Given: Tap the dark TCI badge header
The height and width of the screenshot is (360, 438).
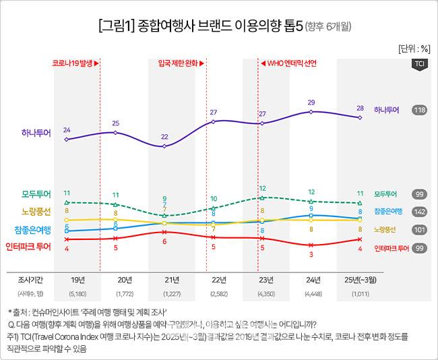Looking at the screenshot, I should tap(418, 64).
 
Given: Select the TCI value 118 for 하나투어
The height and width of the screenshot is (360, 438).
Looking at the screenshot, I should tap(418, 109).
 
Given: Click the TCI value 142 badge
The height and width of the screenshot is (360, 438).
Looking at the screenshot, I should tap(418, 212).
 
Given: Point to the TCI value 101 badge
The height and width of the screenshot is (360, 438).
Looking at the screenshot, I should tap(418, 230).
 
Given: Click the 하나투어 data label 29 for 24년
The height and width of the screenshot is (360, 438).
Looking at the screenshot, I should tap(311, 102).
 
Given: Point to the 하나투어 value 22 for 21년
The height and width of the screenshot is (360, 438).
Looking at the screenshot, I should tap(164, 137).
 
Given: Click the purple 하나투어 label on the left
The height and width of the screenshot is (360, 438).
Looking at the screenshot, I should tap(36, 132).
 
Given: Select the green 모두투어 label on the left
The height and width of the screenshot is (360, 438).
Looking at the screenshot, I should tap(36, 194).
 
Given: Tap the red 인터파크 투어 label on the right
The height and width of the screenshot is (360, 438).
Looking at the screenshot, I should tap(392, 248).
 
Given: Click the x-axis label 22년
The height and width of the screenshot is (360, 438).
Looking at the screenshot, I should tap(218, 280).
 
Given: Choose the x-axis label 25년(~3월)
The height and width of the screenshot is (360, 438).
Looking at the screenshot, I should tap(361, 280).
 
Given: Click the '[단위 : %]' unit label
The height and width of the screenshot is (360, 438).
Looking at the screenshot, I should tap(414, 49).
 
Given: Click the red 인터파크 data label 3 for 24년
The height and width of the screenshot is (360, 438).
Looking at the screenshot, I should tap(311, 255).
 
